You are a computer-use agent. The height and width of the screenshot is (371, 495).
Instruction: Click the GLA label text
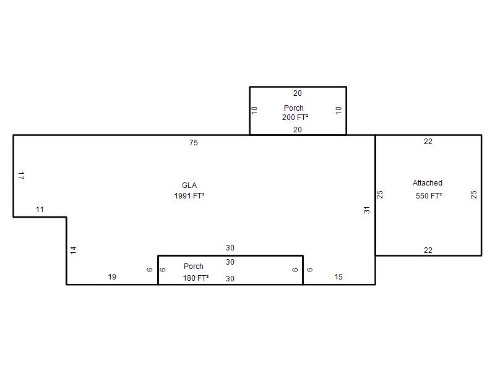(x=189, y=185)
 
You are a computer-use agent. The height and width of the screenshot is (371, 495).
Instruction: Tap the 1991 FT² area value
(x=189, y=195)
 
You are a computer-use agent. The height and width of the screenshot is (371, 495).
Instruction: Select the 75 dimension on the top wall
(x=194, y=143)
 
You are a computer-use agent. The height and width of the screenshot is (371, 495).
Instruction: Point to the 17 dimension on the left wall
(x=22, y=176)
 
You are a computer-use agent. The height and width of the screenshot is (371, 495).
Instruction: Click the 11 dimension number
(x=40, y=209)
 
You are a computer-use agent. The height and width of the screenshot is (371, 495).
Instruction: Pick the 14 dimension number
(x=73, y=250)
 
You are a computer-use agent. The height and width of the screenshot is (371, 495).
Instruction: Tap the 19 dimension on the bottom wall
(x=112, y=276)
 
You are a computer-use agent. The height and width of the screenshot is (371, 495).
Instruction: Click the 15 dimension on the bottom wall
(x=338, y=276)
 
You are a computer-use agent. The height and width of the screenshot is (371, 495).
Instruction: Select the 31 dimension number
(x=366, y=210)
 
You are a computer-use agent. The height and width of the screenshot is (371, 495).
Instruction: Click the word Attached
(x=428, y=182)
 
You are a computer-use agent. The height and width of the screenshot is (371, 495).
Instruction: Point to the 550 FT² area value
(x=429, y=195)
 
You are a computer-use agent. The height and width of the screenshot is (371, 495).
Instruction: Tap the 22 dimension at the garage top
(x=428, y=142)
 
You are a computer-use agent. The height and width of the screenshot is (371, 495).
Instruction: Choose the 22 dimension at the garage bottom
(x=428, y=250)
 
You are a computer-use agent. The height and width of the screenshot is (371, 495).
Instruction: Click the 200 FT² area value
(x=295, y=117)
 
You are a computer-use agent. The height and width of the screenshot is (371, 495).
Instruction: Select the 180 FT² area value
(x=196, y=278)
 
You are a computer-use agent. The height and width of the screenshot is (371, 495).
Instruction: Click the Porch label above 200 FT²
(x=293, y=108)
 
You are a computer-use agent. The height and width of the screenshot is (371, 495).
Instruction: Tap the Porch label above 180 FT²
(x=194, y=267)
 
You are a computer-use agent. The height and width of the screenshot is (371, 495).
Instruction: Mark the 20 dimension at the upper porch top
(x=298, y=93)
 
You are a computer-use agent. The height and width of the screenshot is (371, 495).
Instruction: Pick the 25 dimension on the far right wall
(x=473, y=194)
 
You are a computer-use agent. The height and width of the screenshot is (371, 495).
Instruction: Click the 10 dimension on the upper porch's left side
(x=254, y=110)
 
